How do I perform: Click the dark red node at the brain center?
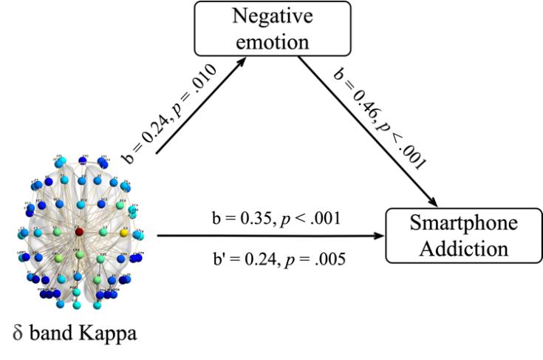(79, 232)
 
